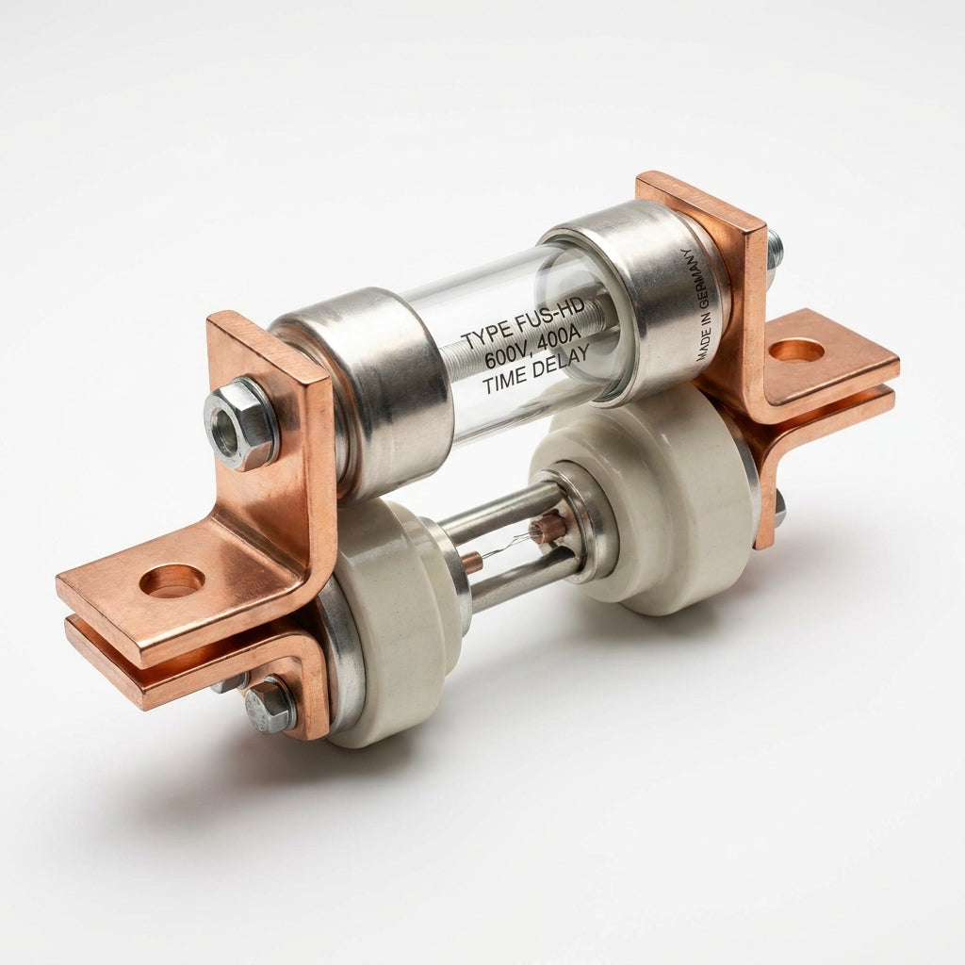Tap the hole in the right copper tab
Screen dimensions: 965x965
pyautogui.click(x=796, y=352)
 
